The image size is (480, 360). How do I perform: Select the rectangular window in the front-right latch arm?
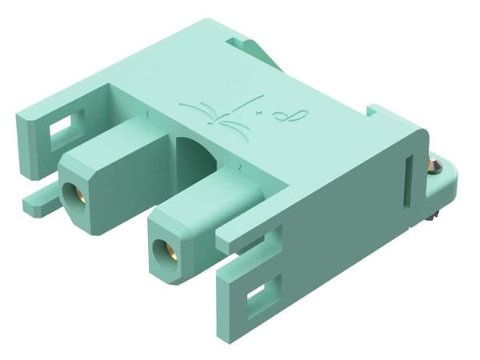pyautogui.click(x=261, y=298)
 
